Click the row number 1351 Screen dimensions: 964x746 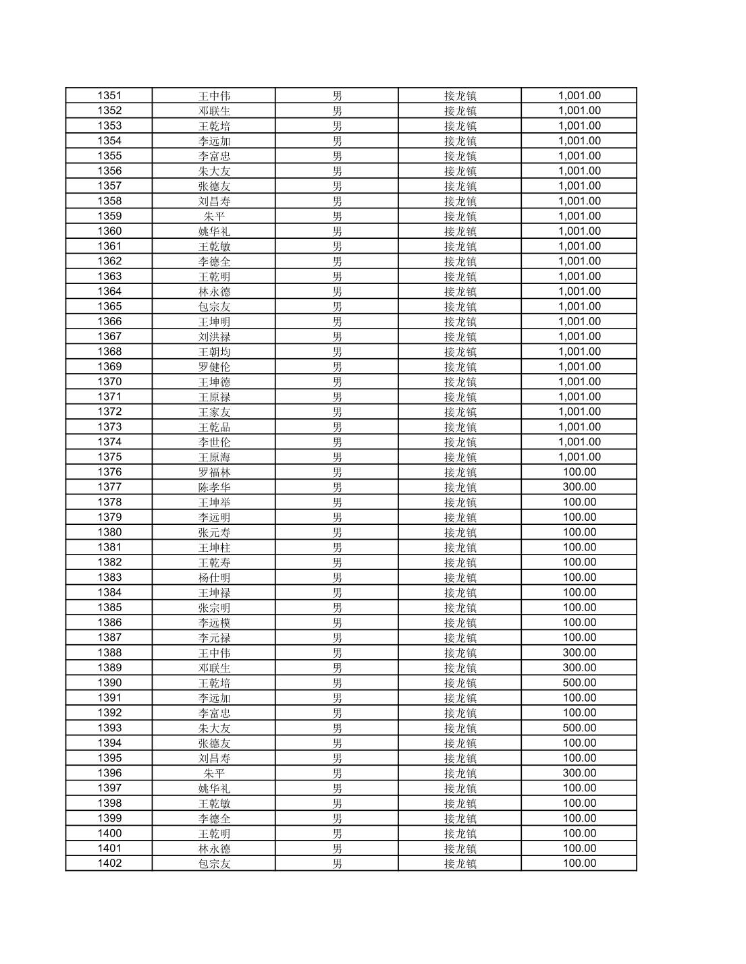click(x=109, y=96)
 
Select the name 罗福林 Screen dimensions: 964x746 click(x=214, y=472)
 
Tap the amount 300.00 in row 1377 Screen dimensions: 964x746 click(x=579, y=487)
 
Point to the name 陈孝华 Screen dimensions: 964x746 click(x=214, y=487)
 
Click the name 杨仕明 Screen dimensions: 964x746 click(x=214, y=577)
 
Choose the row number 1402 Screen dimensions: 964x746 click(x=109, y=863)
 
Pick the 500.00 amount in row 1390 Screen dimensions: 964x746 click(x=579, y=683)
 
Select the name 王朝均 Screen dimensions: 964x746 click(x=214, y=351)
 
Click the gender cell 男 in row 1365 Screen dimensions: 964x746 click(x=337, y=306)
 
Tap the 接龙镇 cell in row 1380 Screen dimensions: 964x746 click(x=460, y=532)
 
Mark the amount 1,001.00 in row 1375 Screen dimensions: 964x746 click(x=579, y=457)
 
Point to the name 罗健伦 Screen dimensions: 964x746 click(x=214, y=367)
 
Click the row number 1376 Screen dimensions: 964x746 click(x=109, y=472)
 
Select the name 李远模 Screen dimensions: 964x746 click(x=214, y=623)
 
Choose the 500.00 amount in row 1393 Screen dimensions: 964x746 click(x=579, y=728)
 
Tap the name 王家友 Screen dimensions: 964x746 click(x=214, y=412)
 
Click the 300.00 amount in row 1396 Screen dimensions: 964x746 click(x=579, y=773)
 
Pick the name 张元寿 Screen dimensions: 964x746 click(x=214, y=532)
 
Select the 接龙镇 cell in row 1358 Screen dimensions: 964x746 click(x=460, y=201)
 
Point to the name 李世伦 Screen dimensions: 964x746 click(x=214, y=442)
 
